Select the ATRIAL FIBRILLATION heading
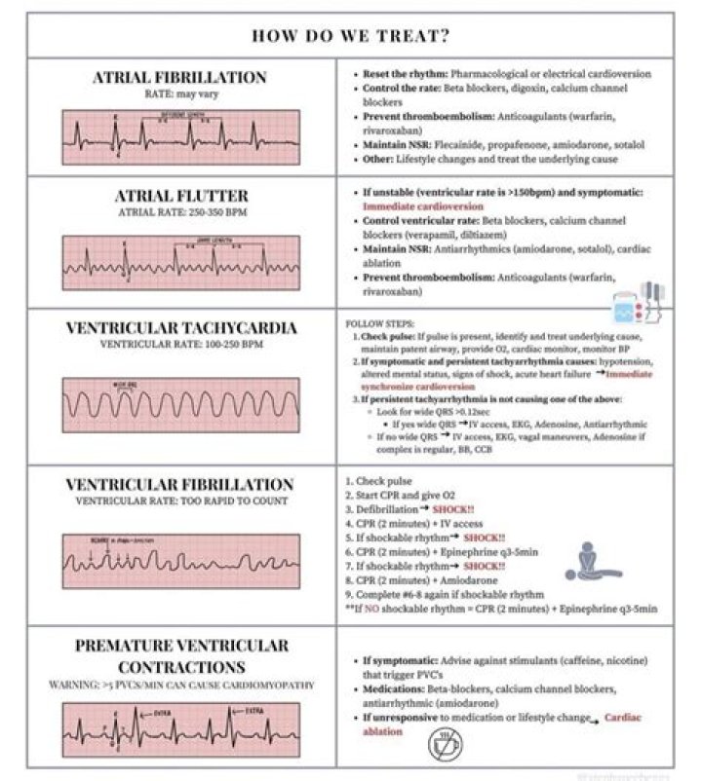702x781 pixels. [178, 77]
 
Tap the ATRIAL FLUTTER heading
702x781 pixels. [178, 196]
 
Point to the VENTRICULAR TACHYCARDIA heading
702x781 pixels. [178, 327]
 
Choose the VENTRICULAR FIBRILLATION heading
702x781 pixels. [178, 484]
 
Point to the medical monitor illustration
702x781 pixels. [639, 304]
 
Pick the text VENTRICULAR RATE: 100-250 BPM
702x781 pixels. [178, 345]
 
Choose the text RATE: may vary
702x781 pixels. [178, 93]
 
